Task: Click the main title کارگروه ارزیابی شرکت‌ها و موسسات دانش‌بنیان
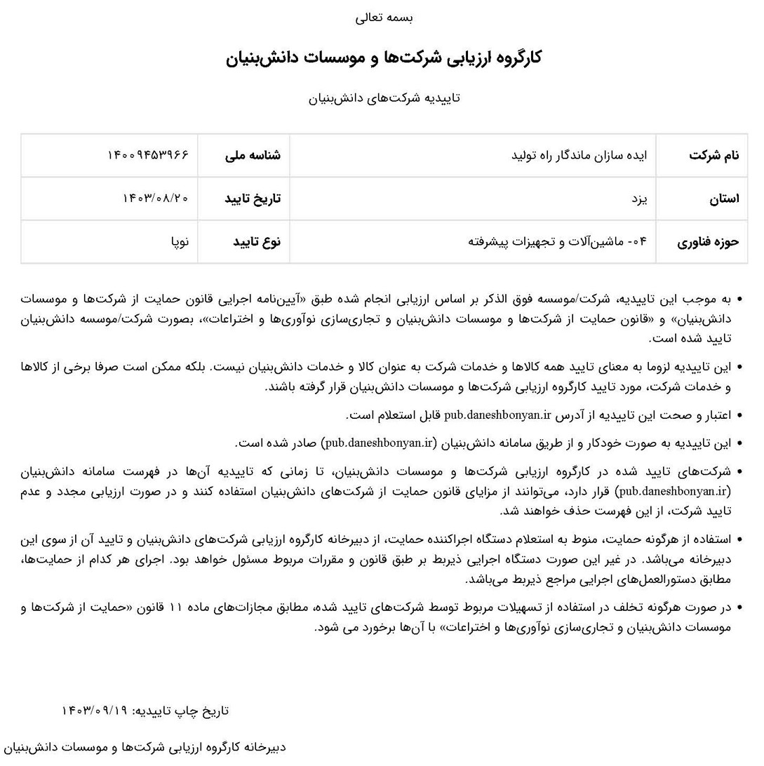tap(384, 58)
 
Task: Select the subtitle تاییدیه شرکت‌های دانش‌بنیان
tap(384, 98)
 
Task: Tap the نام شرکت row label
tap(713, 155)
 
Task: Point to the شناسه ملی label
tap(253, 155)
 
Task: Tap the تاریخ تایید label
tap(253, 199)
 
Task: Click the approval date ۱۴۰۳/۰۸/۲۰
tap(155, 199)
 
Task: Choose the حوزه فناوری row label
tap(708, 242)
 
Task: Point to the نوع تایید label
tap(257, 242)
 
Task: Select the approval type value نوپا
tap(180, 242)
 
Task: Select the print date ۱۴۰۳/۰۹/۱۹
tap(95, 711)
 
